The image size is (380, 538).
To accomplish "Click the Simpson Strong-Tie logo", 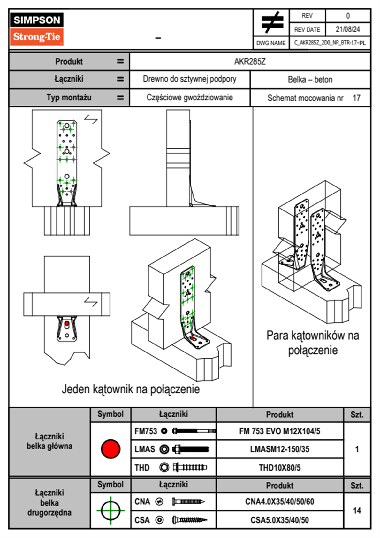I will (36, 29).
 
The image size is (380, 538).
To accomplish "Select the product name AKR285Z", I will (250, 61).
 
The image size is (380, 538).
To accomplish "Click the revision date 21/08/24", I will (347, 29).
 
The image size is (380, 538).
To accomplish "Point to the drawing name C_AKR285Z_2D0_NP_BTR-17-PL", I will (330, 43).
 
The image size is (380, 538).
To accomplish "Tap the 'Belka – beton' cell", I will (310, 79).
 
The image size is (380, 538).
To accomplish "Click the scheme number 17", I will (356, 98).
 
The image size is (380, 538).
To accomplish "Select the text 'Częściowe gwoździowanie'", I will (189, 98).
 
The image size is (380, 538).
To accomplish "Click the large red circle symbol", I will (110, 449).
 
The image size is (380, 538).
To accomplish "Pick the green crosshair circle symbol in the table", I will (110, 510).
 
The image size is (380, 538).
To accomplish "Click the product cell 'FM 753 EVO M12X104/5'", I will (279, 431).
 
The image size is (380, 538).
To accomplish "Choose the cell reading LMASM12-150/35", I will (279, 449).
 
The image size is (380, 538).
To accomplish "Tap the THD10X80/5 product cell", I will (279, 468).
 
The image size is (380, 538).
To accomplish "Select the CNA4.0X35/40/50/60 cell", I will (279, 502).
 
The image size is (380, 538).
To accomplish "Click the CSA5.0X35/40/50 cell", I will (279, 520).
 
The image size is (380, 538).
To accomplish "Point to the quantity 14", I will (357, 510).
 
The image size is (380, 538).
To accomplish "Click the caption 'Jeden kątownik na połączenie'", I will (131, 389).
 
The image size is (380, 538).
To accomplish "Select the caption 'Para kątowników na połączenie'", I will (313, 343).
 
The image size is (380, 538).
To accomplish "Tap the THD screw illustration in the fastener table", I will (190, 467).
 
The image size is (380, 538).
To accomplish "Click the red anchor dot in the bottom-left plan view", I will (67, 324).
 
